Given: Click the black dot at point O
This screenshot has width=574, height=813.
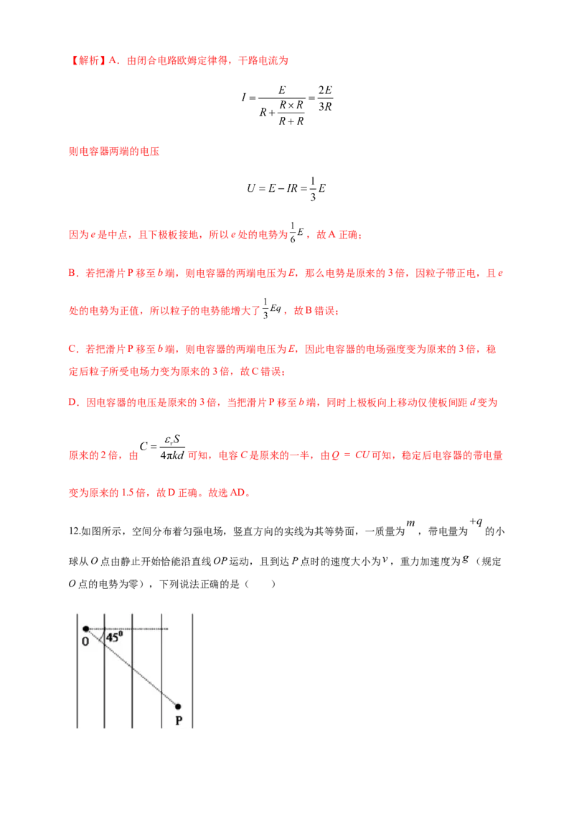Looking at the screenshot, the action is point(85,629).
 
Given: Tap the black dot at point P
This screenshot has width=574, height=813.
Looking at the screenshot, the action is point(178,707).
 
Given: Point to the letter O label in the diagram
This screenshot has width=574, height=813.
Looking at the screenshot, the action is point(85,641).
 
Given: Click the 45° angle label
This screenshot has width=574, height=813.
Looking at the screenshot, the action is point(115,637).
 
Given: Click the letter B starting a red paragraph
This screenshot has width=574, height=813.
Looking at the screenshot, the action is point(72,273).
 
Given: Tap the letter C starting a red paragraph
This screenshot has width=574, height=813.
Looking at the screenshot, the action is point(72,349).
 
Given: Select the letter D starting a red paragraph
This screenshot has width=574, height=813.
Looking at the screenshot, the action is point(72,404).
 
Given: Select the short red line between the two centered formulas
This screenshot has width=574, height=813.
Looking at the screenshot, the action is point(114,152).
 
